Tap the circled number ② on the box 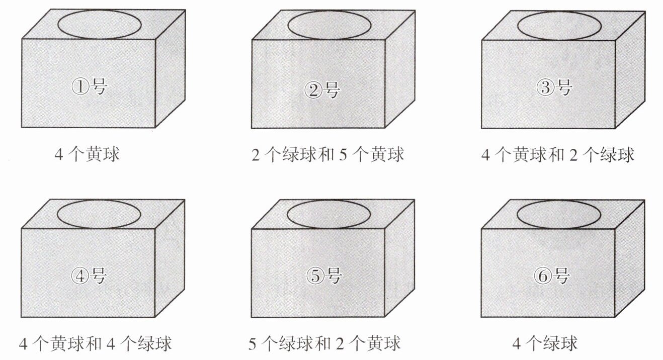(x=313, y=89)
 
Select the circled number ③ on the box (x=545, y=87)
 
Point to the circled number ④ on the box (x=80, y=276)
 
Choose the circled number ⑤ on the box (x=315, y=276)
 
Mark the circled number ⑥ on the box (x=543, y=276)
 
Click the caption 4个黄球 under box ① (x=88, y=154)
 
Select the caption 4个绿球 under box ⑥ (x=545, y=343)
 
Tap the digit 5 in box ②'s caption (x=343, y=155)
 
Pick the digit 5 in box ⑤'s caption (x=252, y=344)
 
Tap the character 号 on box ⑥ (x=561, y=276)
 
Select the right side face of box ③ (x=630, y=70)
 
